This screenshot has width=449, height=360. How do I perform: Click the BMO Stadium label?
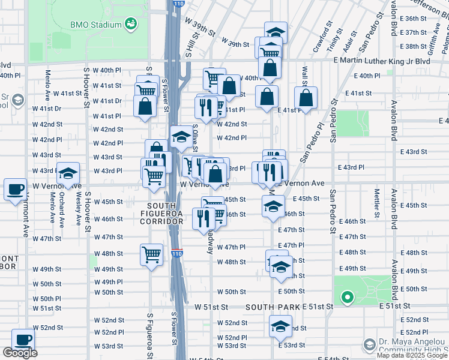[96, 25]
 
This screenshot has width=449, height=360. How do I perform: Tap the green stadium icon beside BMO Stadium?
[130, 24]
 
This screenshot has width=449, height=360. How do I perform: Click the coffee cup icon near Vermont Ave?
[15, 190]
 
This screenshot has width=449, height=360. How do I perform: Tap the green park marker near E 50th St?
[346, 296]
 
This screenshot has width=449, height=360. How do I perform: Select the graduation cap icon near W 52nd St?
[280, 326]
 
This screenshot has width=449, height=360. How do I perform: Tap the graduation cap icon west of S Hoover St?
[68, 173]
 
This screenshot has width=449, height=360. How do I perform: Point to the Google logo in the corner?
[20, 353]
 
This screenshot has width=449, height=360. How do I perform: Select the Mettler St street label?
[377, 203]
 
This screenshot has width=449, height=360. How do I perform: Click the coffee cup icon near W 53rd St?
[23, 339]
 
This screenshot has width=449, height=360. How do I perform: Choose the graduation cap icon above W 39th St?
[276, 32]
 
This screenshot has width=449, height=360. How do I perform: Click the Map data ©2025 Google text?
[412, 355]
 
